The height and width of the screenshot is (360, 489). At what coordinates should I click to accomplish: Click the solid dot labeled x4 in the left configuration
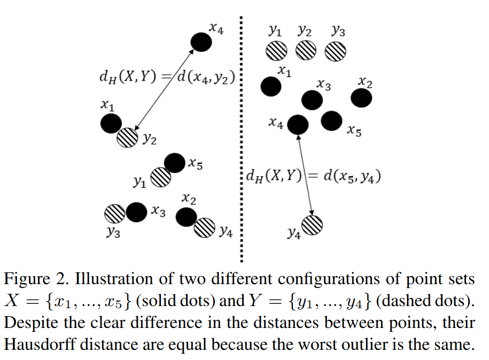click(x=201, y=41)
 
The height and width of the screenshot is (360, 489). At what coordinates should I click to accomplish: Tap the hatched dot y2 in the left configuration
click(x=128, y=138)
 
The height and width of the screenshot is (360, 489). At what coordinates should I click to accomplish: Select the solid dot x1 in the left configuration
click(x=111, y=124)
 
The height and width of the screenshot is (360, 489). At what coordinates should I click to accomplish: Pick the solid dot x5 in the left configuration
click(x=174, y=163)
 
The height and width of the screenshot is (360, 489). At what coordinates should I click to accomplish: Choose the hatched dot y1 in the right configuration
click(x=276, y=51)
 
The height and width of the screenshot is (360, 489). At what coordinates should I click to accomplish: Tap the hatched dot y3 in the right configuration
click(x=336, y=51)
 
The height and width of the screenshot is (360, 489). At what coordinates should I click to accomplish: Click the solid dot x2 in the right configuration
click(x=362, y=98)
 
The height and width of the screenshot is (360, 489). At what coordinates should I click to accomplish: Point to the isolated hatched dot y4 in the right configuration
click(x=313, y=224)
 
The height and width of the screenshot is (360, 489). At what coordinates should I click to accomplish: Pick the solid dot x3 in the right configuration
click(x=312, y=99)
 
